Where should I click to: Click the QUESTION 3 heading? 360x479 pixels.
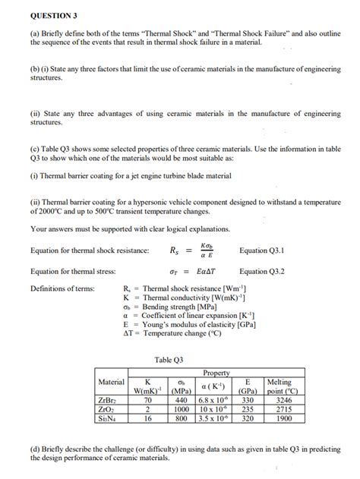54,14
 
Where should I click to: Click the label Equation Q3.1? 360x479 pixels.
264,250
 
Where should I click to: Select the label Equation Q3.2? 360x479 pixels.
264,270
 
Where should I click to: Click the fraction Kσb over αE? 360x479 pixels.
207,250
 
